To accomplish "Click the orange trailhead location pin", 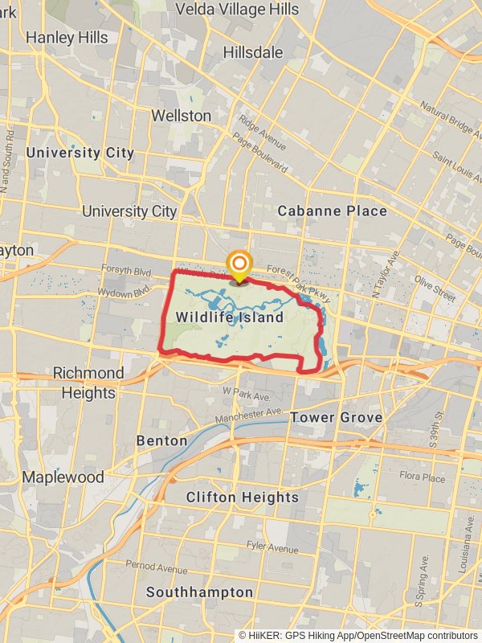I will click(239, 265).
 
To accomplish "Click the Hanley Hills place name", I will click(67, 37).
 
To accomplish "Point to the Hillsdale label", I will click(253, 52).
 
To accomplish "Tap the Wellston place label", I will click(182, 116).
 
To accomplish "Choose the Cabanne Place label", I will click(332, 211).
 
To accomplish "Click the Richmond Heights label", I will click(88, 383).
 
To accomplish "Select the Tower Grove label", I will click(337, 418).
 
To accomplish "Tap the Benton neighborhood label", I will click(161, 441).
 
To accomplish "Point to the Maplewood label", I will click(63, 477).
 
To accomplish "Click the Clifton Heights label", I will click(242, 498).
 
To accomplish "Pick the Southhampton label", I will click(199, 592).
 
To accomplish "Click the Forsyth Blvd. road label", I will click(126, 270).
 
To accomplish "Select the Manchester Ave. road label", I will click(249, 416).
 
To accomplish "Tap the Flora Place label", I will click(423, 477).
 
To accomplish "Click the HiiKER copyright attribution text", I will click(358, 636).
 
